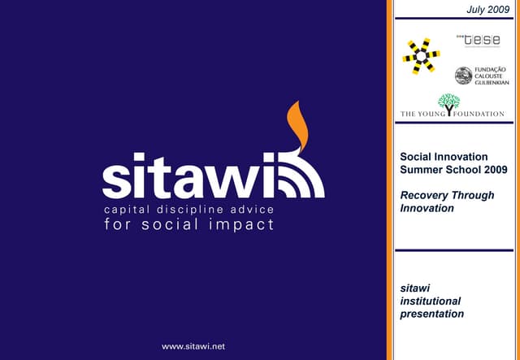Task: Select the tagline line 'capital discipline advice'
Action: tap(188, 210)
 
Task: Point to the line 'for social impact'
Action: tap(188, 225)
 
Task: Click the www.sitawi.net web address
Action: tap(193, 346)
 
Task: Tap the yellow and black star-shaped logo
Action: tap(421, 56)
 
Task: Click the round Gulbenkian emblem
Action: tap(463, 76)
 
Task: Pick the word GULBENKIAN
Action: tap(491, 83)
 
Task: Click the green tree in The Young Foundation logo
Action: tap(448, 103)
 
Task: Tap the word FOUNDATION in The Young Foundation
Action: tap(480, 114)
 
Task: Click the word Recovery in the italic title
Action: tap(425, 195)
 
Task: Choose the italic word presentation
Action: tap(432, 314)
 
